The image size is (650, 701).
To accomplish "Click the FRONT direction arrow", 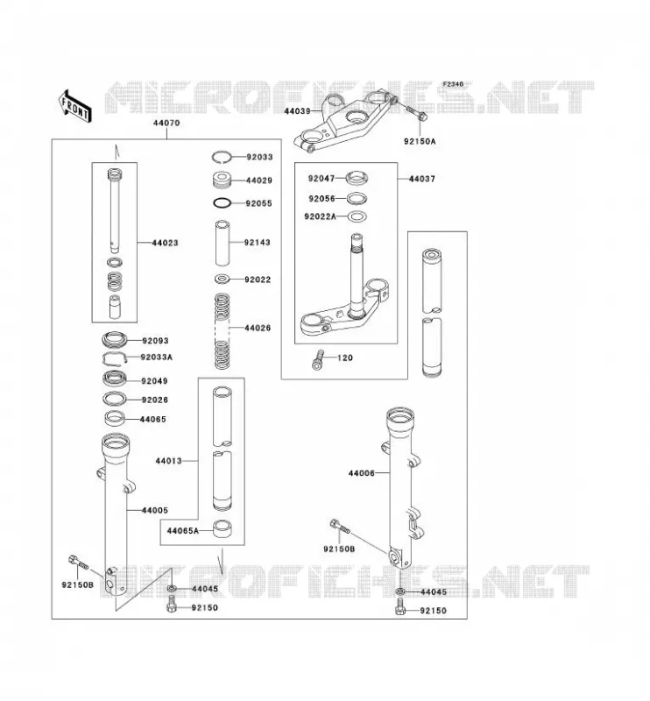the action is click(74, 105).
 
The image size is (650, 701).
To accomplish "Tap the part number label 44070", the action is click(166, 123).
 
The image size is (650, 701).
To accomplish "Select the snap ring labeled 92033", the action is click(222, 157).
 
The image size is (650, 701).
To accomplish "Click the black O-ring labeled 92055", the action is click(223, 203).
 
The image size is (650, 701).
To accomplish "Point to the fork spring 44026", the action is click(223, 331).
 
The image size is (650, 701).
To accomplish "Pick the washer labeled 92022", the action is click(223, 280).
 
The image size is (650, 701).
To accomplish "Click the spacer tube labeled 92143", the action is click(223, 243).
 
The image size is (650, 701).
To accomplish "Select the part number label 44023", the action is click(165, 243).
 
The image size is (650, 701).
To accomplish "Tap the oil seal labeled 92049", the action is click(115, 379).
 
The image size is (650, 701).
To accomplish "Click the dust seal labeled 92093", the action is click(115, 340).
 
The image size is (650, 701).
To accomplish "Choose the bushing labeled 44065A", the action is click(222, 528).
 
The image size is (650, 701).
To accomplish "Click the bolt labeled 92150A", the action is click(417, 113).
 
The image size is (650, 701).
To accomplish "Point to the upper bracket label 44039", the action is click(297, 111).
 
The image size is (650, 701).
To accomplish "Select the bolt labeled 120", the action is click(317, 359).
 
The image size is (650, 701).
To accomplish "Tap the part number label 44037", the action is click(421, 179).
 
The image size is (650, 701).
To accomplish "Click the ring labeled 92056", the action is click(357, 198).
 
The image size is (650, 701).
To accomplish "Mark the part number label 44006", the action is click(361, 473).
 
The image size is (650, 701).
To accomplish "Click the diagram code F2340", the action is click(453, 84).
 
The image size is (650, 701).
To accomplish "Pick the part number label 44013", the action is click(168, 461).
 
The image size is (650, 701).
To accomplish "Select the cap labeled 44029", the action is click(222, 180).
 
